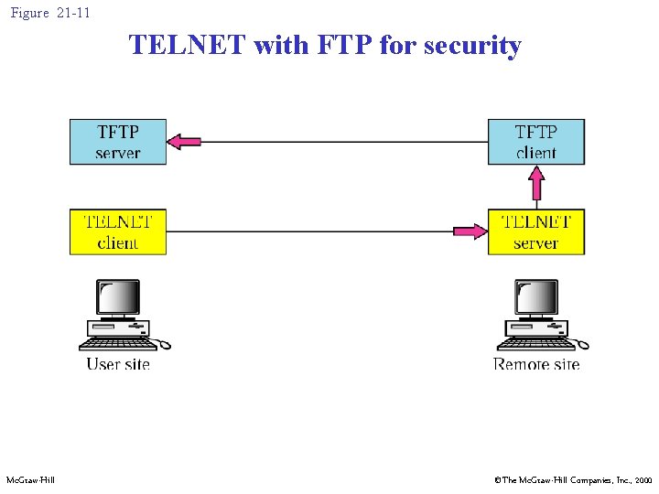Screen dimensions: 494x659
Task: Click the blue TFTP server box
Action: coord(118,142)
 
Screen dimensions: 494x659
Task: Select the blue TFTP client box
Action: coord(535,142)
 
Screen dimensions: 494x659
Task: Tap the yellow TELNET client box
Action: coord(118,231)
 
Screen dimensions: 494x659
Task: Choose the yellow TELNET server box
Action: coord(535,231)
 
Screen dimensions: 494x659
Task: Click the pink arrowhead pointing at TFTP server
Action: coord(186,141)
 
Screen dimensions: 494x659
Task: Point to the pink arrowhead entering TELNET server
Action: coord(470,231)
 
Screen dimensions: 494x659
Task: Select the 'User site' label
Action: coord(118,364)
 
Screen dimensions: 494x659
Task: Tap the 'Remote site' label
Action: coord(536,364)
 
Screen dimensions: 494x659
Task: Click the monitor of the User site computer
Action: coord(119,297)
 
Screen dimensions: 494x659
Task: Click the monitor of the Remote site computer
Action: coord(537,297)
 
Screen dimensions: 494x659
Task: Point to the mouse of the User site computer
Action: coord(163,345)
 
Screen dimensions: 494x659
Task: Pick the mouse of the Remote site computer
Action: coord(581,345)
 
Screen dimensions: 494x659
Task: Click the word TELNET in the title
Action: coord(188,45)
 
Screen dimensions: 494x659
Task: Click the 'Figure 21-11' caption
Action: coord(50,13)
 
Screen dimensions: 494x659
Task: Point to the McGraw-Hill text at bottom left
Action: coord(30,480)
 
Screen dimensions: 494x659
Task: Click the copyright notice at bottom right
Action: coord(573,480)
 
